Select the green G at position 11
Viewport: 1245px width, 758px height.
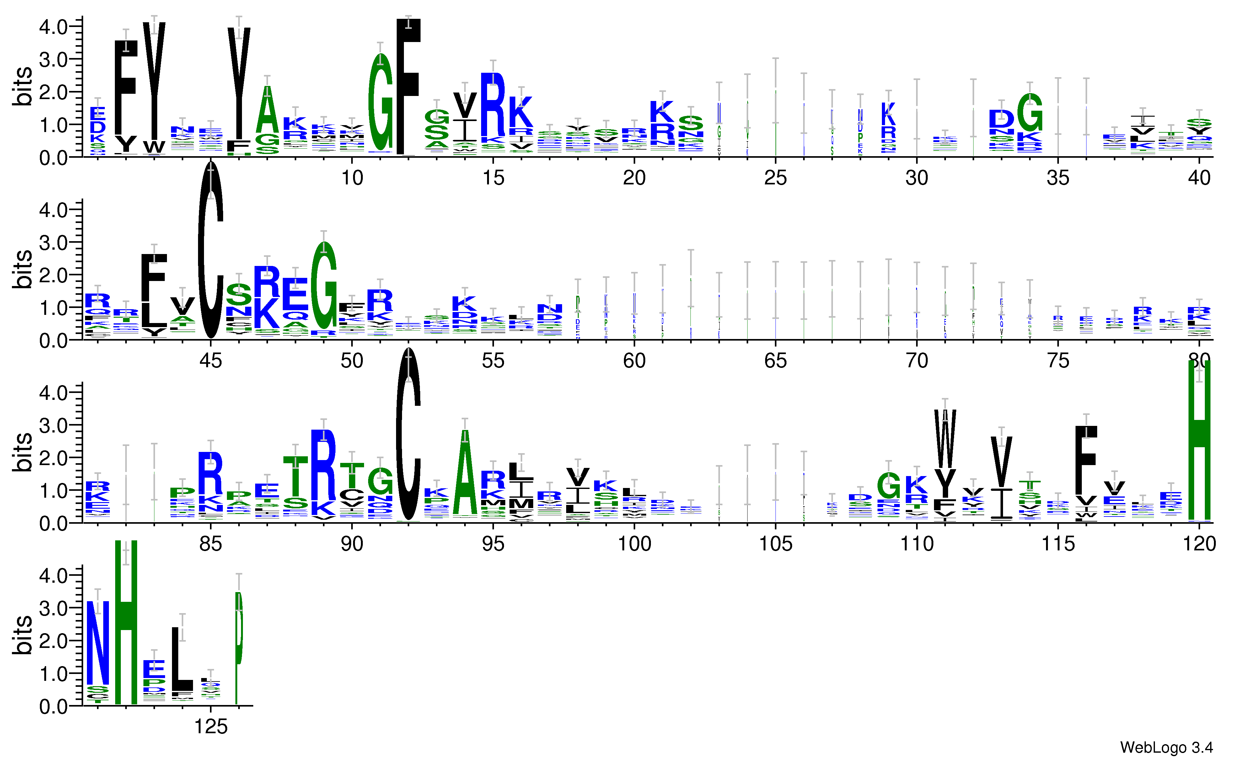point(380,103)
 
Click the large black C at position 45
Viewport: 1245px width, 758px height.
point(211,250)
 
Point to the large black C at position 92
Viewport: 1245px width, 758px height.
point(408,434)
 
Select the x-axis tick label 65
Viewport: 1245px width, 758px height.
point(775,361)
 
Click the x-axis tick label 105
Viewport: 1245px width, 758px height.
point(775,544)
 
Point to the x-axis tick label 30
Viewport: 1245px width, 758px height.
point(917,178)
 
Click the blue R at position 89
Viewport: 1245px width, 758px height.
point(323,464)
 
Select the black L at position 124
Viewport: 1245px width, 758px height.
point(182,659)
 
